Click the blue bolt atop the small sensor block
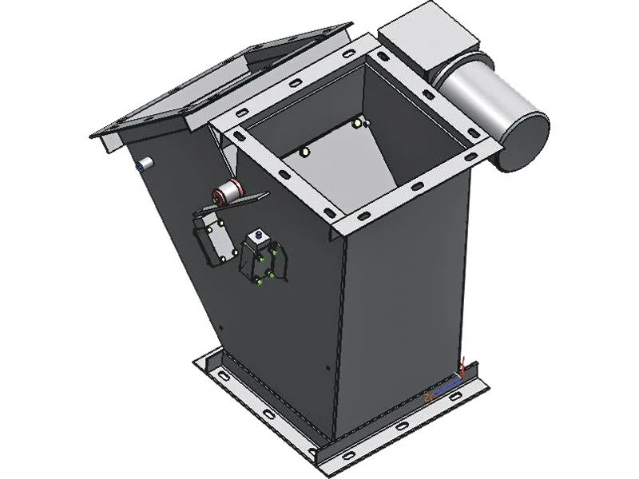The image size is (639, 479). tap(257, 235)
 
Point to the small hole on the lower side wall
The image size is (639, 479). tap(327, 368)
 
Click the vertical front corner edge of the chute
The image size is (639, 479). tap(337, 335)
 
